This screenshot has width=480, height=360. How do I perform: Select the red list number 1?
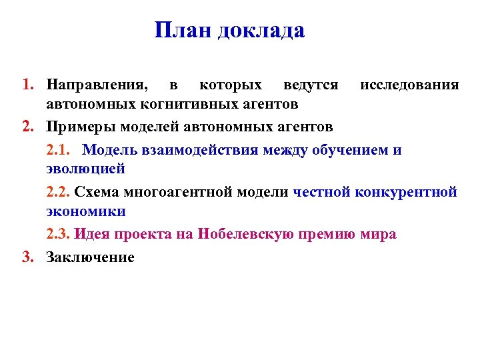coord(27,85)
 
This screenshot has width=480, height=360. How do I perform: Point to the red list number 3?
coord(27,257)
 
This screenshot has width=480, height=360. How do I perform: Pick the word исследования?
coord(409,85)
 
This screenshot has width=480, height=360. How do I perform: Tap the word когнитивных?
coord(183,105)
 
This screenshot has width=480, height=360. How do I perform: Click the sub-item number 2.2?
coord(59,193)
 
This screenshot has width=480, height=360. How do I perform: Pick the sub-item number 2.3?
coord(59,235)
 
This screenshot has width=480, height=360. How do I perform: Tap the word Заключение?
coord(90,257)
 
